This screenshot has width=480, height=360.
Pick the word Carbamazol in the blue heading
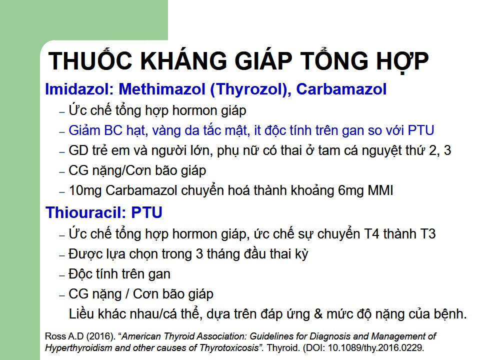(x=341, y=89)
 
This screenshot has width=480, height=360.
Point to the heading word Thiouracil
(x=86, y=212)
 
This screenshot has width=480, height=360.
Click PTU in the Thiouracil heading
(x=146, y=212)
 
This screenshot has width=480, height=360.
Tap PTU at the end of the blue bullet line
(x=421, y=130)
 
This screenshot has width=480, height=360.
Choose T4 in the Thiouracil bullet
(x=371, y=234)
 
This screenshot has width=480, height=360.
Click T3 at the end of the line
(x=428, y=234)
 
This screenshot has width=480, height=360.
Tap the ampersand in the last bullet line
(x=318, y=314)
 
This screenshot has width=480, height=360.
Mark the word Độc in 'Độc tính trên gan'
(x=80, y=273)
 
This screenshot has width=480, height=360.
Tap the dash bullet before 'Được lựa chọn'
(x=62, y=255)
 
